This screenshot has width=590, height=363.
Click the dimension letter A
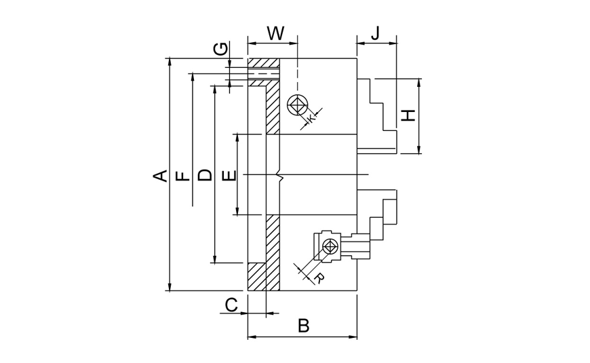[x=159, y=175]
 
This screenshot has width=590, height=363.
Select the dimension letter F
[x=182, y=176]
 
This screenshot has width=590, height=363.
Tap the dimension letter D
[x=205, y=175]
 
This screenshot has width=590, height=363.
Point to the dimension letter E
[x=229, y=175]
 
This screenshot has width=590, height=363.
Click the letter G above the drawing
[x=220, y=49]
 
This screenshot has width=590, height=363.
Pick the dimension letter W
[x=275, y=33]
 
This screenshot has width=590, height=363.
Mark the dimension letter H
[x=408, y=115]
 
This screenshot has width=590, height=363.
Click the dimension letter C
[x=231, y=305]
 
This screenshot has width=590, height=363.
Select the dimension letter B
[x=303, y=326]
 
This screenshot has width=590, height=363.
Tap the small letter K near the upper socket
[x=311, y=118]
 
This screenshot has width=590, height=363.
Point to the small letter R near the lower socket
[x=318, y=278]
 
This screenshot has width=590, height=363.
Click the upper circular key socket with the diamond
[x=297, y=106]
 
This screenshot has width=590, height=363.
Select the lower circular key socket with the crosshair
[x=330, y=246]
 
